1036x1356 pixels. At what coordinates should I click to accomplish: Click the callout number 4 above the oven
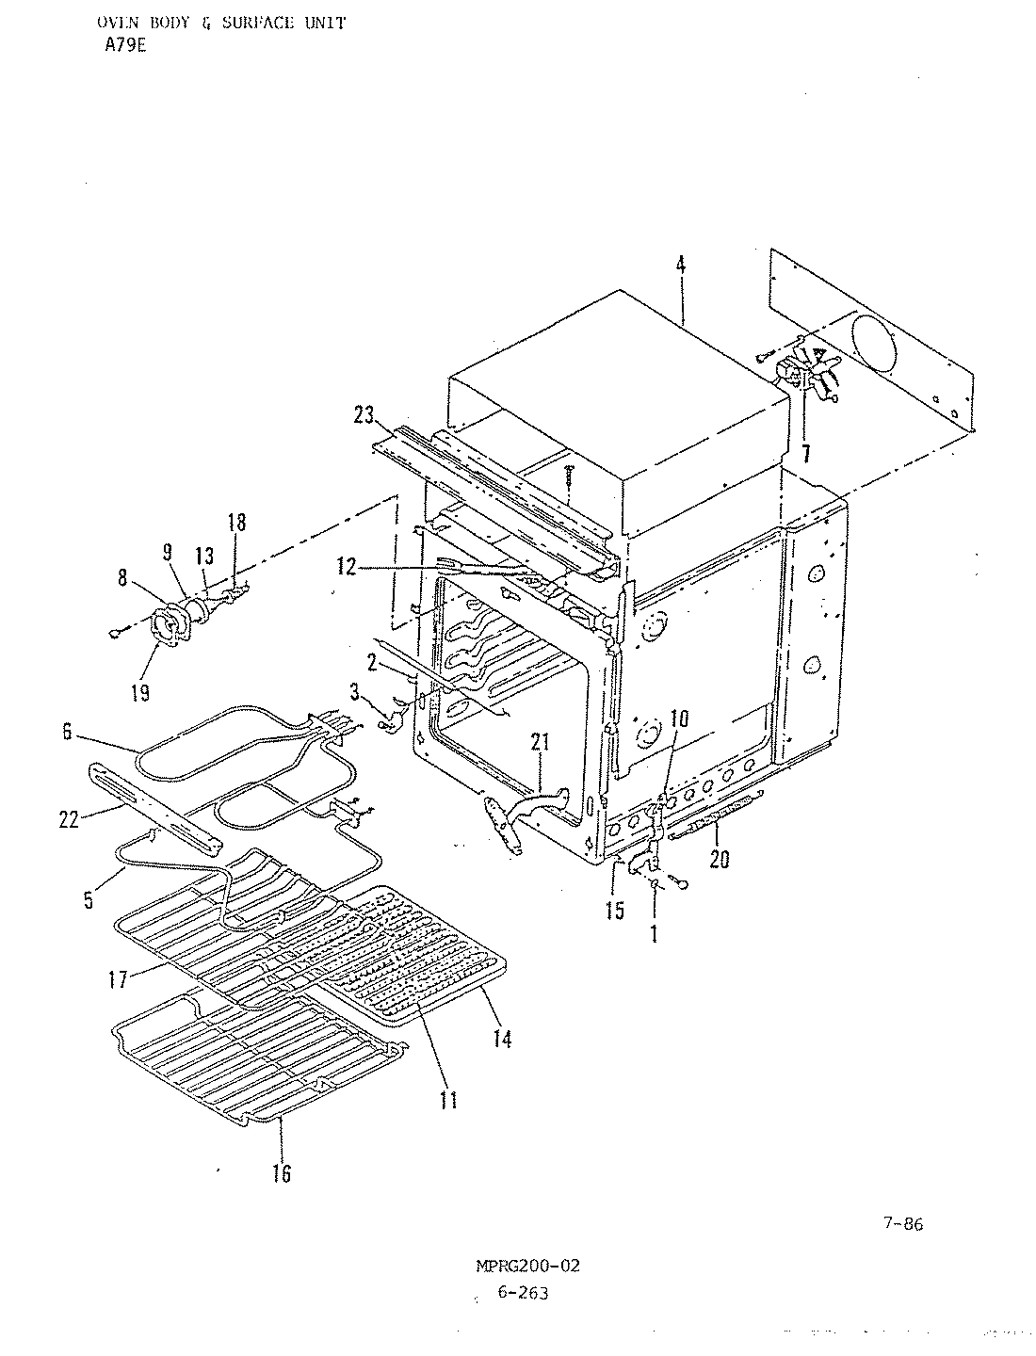coord(681,265)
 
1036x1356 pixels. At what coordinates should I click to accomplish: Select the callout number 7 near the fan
coord(805,453)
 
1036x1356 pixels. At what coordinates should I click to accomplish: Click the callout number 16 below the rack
coord(281,1172)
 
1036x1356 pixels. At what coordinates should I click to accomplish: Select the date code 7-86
coord(902,1224)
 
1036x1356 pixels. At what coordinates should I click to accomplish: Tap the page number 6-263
coord(521,1294)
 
